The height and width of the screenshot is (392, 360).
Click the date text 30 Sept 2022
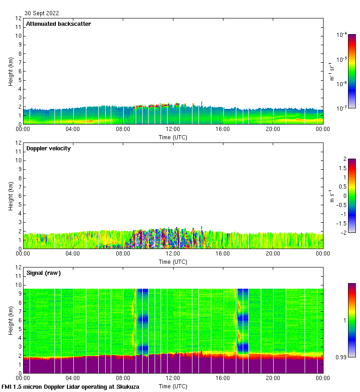[x=42, y=13]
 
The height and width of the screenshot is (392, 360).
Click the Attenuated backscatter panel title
[x=58, y=24]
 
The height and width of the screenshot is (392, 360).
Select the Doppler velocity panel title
[x=48, y=148]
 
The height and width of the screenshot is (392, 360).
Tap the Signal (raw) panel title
[x=43, y=273]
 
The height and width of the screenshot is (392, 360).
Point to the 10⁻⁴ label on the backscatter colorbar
[x=342, y=35]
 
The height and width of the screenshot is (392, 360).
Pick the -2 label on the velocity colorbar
[x=343, y=232]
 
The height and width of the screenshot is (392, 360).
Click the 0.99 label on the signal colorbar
[x=342, y=357]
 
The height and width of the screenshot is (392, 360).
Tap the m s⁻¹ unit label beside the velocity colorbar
[x=331, y=196]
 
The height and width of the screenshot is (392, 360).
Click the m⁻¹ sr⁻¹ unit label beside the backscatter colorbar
[x=331, y=71]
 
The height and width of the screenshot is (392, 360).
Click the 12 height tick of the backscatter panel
[x=18, y=18]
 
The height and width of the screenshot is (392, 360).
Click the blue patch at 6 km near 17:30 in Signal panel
[x=243, y=318]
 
